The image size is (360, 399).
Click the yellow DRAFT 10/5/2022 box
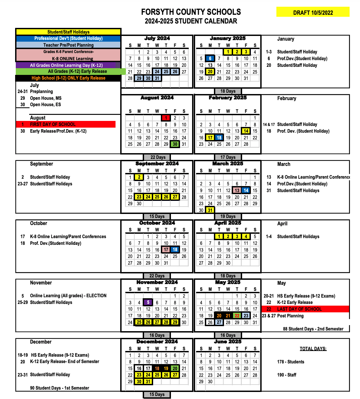pos(313,12)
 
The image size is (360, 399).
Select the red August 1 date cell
pos(166,118)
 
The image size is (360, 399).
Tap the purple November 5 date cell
pos(148,303)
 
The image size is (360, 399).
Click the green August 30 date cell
pos(175,144)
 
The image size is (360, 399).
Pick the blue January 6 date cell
pos(210,58)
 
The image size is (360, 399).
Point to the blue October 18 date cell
pos(175,250)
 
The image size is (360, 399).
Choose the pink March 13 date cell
pos(237,190)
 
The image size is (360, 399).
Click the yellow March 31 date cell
pos(210,210)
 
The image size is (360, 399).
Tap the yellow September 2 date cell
pos(139,177)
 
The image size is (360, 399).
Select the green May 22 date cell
pos(237,316)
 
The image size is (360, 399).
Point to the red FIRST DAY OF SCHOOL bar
pos(66,124)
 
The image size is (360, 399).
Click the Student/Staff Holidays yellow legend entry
pos(68,32)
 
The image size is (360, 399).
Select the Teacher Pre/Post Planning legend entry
pos(68,45)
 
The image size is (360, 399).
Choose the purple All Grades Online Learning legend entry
pos(66,65)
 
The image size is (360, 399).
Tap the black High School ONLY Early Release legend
pos(68,78)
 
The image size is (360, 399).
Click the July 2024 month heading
pos(157,38)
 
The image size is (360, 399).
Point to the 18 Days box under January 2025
pos(228,91)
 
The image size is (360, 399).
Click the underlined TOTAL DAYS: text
pos(313,349)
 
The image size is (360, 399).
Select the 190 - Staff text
pos(286,375)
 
